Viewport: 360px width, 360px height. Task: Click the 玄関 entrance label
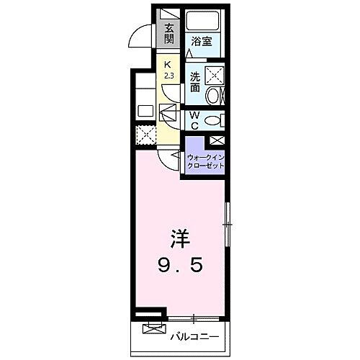(169, 34)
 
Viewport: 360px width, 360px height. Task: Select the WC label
(194, 120)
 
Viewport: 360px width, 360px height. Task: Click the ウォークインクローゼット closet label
(205, 161)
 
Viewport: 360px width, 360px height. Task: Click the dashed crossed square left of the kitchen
(145, 135)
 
